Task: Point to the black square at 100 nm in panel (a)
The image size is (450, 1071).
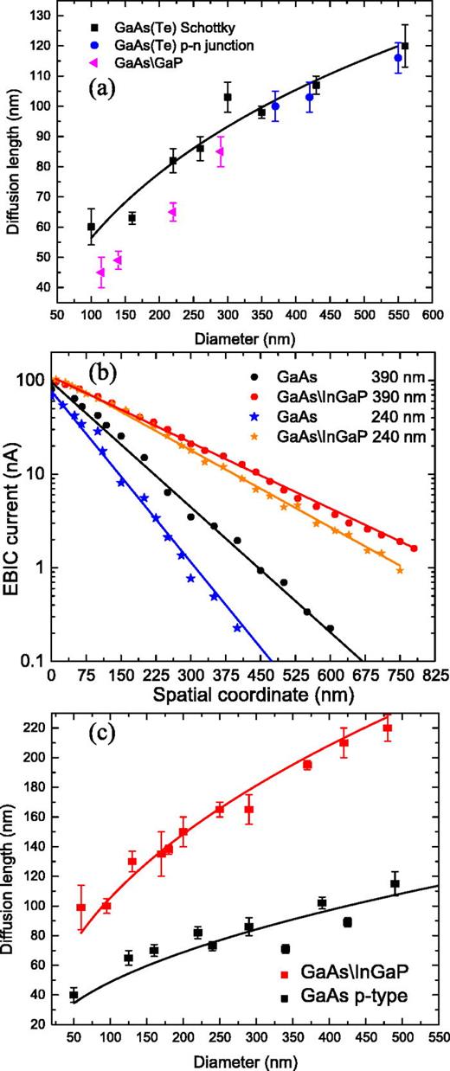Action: click(91, 227)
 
